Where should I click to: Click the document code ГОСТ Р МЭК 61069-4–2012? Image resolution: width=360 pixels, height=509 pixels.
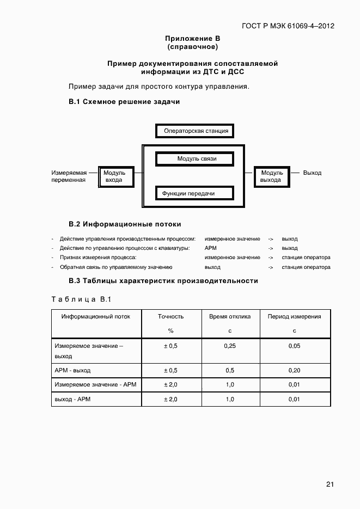[x=288, y=26]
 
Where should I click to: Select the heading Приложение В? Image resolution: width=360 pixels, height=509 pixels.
[x=192, y=39]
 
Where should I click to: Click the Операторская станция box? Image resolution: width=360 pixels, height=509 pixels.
[x=196, y=131]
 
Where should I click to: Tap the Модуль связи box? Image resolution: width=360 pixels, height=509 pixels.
[x=196, y=159]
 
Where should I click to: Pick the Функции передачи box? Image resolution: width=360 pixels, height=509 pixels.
[x=196, y=193]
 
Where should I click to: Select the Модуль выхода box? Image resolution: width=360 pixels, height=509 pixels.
[x=271, y=176]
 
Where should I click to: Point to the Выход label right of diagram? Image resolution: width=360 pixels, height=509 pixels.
[x=312, y=173]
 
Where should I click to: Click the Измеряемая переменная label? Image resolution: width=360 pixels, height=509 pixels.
[x=69, y=176]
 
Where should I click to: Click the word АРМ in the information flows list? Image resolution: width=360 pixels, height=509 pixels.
[x=211, y=248]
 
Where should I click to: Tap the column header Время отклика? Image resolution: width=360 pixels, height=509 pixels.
[x=230, y=316]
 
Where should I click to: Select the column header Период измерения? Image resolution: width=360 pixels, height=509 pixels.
[x=294, y=316]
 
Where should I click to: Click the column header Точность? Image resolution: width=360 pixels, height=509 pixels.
[x=170, y=316]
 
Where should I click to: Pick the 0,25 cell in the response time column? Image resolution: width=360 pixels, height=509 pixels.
[x=230, y=346]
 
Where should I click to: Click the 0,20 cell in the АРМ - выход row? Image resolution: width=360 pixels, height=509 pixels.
[x=294, y=371]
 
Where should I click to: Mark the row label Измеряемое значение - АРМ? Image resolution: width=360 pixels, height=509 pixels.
[x=95, y=385]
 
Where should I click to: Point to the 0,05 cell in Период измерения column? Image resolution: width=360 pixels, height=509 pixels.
[x=294, y=346]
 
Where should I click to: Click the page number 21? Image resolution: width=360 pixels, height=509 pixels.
[x=330, y=483]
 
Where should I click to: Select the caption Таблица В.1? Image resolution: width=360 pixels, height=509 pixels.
[x=81, y=300]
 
